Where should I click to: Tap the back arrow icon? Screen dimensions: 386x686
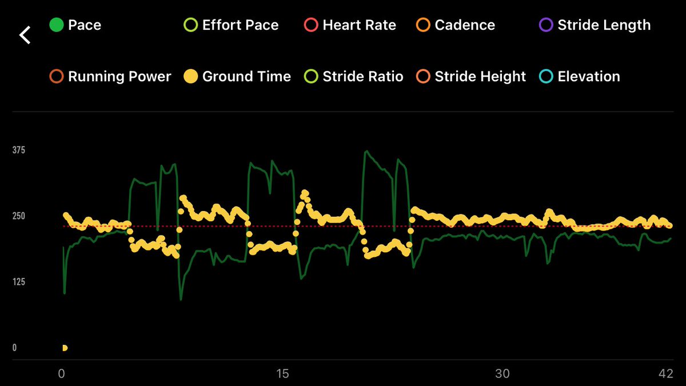pyautogui.click(x=25, y=35)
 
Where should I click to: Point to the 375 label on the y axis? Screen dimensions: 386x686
pyautogui.click(x=19, y=150)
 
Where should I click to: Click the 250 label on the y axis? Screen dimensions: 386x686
pyautogui.click(x=19, y=216)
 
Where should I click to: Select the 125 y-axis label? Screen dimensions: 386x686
pyautogui.click(x=19, y=282)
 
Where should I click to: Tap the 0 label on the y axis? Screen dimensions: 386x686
pyautogui.click(x=15, y=348)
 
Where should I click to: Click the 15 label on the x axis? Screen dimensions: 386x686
pyautogui.click(x=282, y=374)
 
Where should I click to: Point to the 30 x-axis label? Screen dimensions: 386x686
pyautogui.click(x=502, y=374)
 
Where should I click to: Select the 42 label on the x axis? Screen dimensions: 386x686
pyautogui.click(x=665, y=374)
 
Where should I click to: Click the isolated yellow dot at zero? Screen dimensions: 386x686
pyautogui.click(x=65, y=348)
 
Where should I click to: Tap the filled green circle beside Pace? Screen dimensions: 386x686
pyautogui.click(x=56, y=25)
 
